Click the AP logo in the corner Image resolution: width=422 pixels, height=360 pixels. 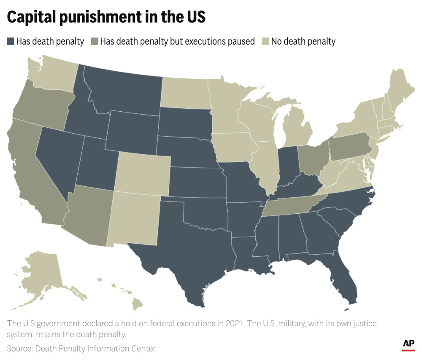(408, 344)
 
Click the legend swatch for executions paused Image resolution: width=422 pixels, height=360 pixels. (95, 41)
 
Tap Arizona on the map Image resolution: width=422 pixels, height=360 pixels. (89, 215)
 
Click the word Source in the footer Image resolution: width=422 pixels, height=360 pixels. (19, 348)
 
